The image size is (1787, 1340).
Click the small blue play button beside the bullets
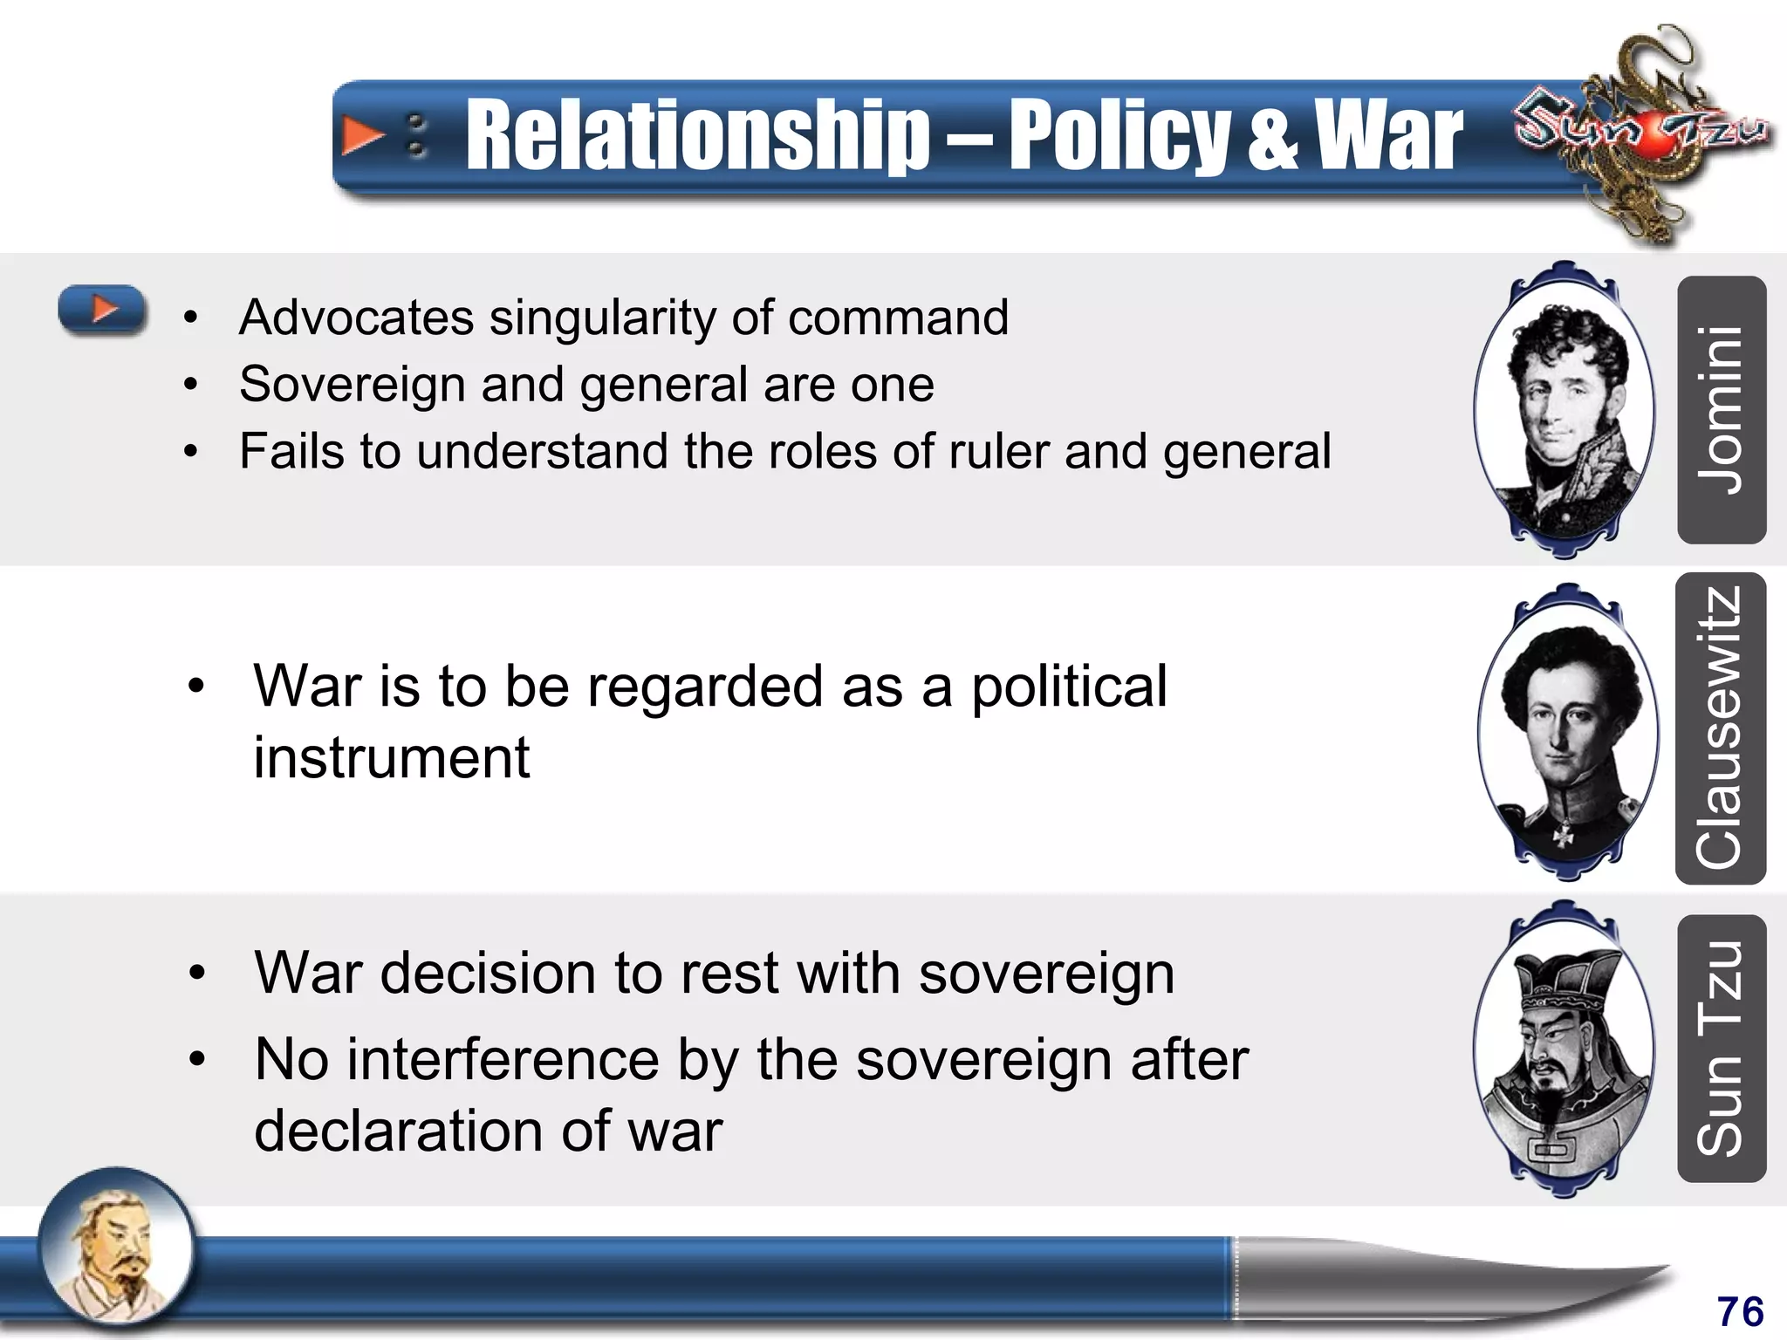point(103,309)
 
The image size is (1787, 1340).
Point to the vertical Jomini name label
point(1721,410)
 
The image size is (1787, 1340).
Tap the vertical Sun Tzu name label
point(1721,1049)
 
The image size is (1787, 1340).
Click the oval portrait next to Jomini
point(1564,410)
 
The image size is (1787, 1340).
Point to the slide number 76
point(1740,1311)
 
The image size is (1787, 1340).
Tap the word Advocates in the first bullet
point(356,317)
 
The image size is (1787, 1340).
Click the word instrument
point(392,757)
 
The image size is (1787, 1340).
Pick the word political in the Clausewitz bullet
point(1069,687)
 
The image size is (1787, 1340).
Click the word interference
point(503,1060)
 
